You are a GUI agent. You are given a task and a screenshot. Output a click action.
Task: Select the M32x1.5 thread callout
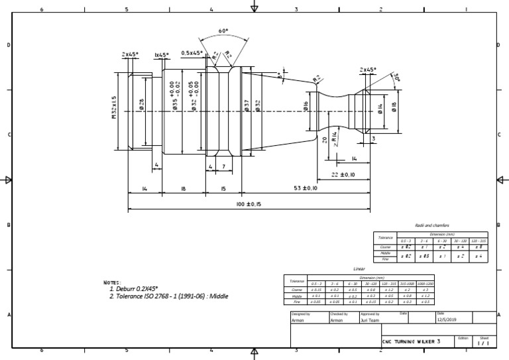tap(114, 106)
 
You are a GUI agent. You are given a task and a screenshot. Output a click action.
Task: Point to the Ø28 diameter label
tap(141, 105)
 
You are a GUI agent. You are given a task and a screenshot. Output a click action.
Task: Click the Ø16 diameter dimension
tap(306, 106)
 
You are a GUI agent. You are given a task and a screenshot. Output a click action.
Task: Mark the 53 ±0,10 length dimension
tap(306, 189)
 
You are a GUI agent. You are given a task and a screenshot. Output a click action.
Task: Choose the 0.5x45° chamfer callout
tap(192, 54)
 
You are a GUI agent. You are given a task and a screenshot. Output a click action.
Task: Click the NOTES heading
tap(113, 282)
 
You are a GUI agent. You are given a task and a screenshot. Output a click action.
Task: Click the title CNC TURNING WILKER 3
tap(411, 340)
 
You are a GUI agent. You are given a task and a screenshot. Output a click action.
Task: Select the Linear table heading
tap(359, 269)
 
